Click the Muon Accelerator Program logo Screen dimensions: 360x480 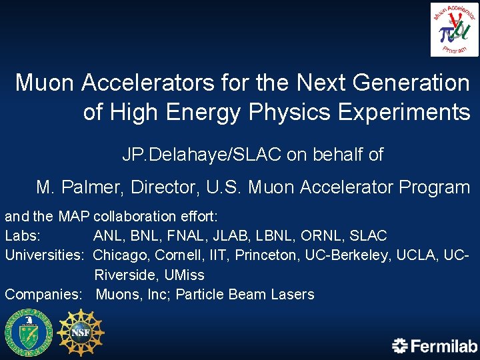[x=455, y=29]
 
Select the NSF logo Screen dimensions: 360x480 [x=81, y=332]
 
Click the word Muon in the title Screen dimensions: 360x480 [x=46, y=83]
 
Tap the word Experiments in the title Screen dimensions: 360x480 [x=405, y=112]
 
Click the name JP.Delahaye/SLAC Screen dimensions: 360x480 [x=202, y=155]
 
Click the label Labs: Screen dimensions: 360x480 [x=23, y=236]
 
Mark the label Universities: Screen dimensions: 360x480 [x=45, y=255]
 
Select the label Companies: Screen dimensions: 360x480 [x=44, y=294]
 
